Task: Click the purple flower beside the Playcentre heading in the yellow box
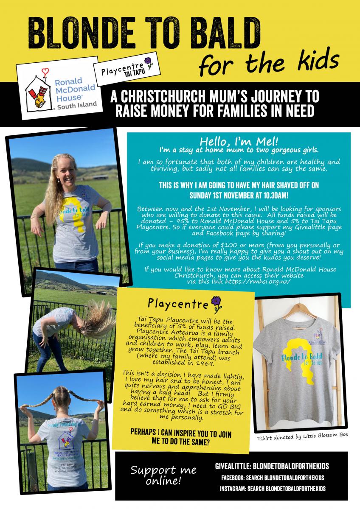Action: click(x=217, y=302)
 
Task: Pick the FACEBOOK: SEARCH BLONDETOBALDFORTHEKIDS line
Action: click(x=273, y=478)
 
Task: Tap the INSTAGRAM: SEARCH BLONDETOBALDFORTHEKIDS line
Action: click(x=273, y=489)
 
